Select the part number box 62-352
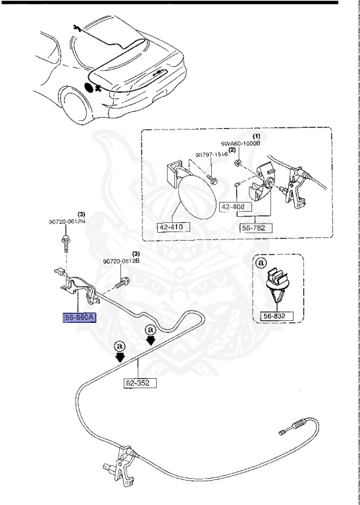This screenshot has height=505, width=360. (x=140, y=381)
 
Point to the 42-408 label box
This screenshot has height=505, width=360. (x=233, y=206)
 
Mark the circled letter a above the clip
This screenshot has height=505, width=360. (x=261, y=263)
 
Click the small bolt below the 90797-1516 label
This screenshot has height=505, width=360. (x=211, y=177)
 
